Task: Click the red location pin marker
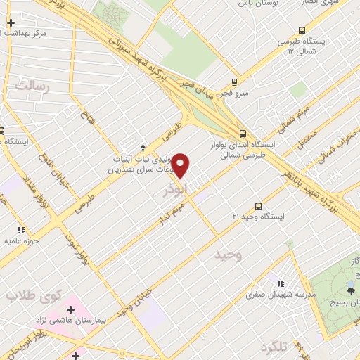[181, 165]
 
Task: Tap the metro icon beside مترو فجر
[236, 81]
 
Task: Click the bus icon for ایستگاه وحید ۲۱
[259, 206]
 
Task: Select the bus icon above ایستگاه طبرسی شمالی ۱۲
[302, 30]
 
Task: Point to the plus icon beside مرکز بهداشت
[11, 23]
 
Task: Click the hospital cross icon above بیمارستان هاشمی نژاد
[71, 309]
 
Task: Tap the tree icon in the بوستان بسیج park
[349, 288]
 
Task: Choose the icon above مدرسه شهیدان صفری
[281, 283]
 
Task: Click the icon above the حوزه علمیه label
[21, 230]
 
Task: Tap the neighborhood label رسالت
[33, 86]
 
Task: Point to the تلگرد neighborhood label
[274, 347]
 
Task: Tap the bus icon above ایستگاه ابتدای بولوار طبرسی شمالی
[243, 134]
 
